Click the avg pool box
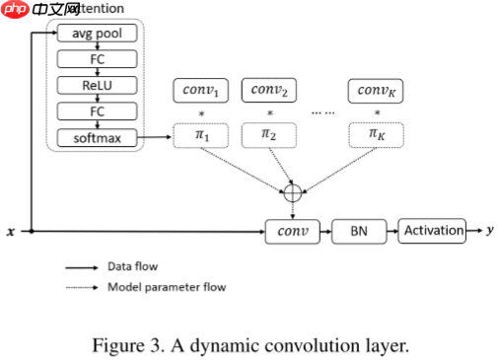[x=97, y=35]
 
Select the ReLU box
[x=97, y=86]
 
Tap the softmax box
[x=97, y=138]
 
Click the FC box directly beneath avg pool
[x=97, y=60]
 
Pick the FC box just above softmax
[x=97, y=112]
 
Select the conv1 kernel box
[x=201, y=92]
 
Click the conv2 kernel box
[x=269, y=92]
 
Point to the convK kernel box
[x=377, y=92]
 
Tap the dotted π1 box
[x=201, y=134]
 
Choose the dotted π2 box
[x=269, y=134]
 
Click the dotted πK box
[x=377, y=134]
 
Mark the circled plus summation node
[x=292, y=193]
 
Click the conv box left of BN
[x=293, y=232]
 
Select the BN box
[x=359, y=232]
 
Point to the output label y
[x=489, y=231]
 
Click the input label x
[x=11, y=232]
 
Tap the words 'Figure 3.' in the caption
[x=123, y=345]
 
